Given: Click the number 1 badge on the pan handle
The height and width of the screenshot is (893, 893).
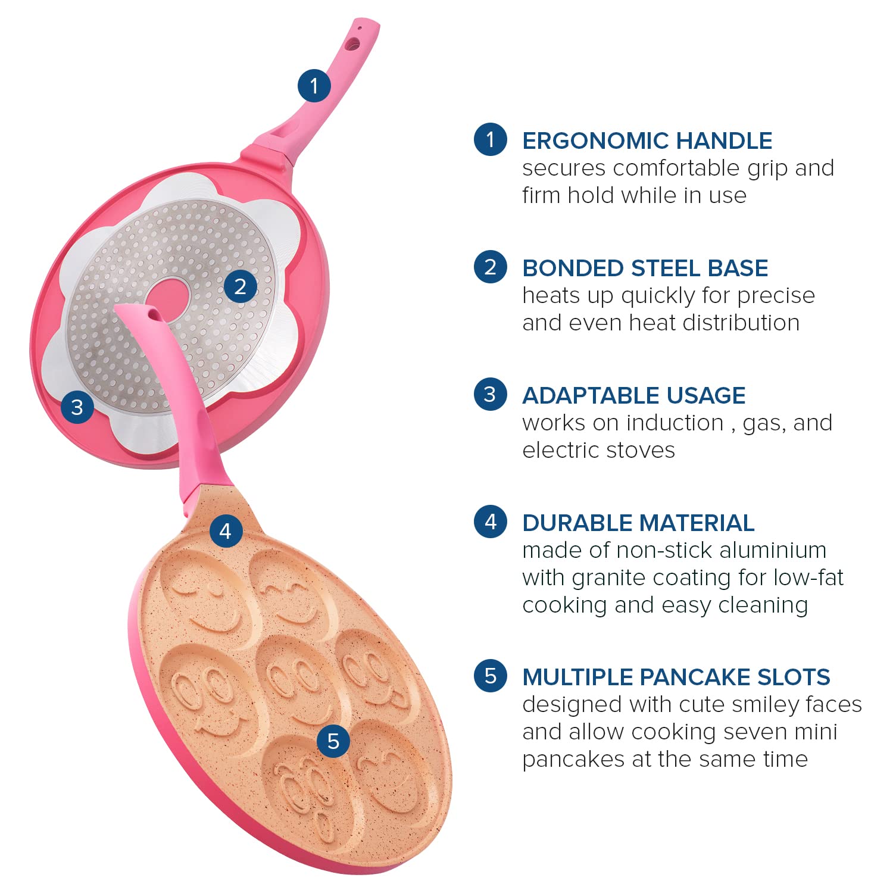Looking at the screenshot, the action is (314, 85).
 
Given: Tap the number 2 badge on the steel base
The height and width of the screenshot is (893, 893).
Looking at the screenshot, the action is (241, 286).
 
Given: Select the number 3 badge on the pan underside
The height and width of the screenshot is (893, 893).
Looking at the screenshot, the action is (77, 407).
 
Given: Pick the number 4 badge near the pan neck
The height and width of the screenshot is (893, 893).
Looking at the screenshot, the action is (226, 530).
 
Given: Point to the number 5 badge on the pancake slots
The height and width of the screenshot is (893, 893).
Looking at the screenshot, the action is (333, 741).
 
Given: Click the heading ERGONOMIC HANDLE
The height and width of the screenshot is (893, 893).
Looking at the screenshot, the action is (647, 141).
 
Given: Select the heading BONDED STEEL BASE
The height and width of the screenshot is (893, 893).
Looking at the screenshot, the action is (645, 268).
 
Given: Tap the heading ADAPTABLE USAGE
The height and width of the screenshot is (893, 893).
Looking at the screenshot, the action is (634, 396).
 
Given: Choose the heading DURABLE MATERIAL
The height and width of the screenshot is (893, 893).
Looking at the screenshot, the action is (638, 523).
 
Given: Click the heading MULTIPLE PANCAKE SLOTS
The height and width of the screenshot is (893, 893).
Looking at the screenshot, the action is (676, 677).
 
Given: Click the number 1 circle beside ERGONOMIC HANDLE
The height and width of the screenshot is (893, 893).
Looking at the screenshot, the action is (491, 139).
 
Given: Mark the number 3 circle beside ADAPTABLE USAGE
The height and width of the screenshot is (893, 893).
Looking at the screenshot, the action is (491, 394).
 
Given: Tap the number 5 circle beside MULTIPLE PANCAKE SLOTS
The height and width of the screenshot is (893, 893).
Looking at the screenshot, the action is (491, 676).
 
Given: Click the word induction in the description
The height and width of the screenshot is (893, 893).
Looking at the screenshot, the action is (675, 423).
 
